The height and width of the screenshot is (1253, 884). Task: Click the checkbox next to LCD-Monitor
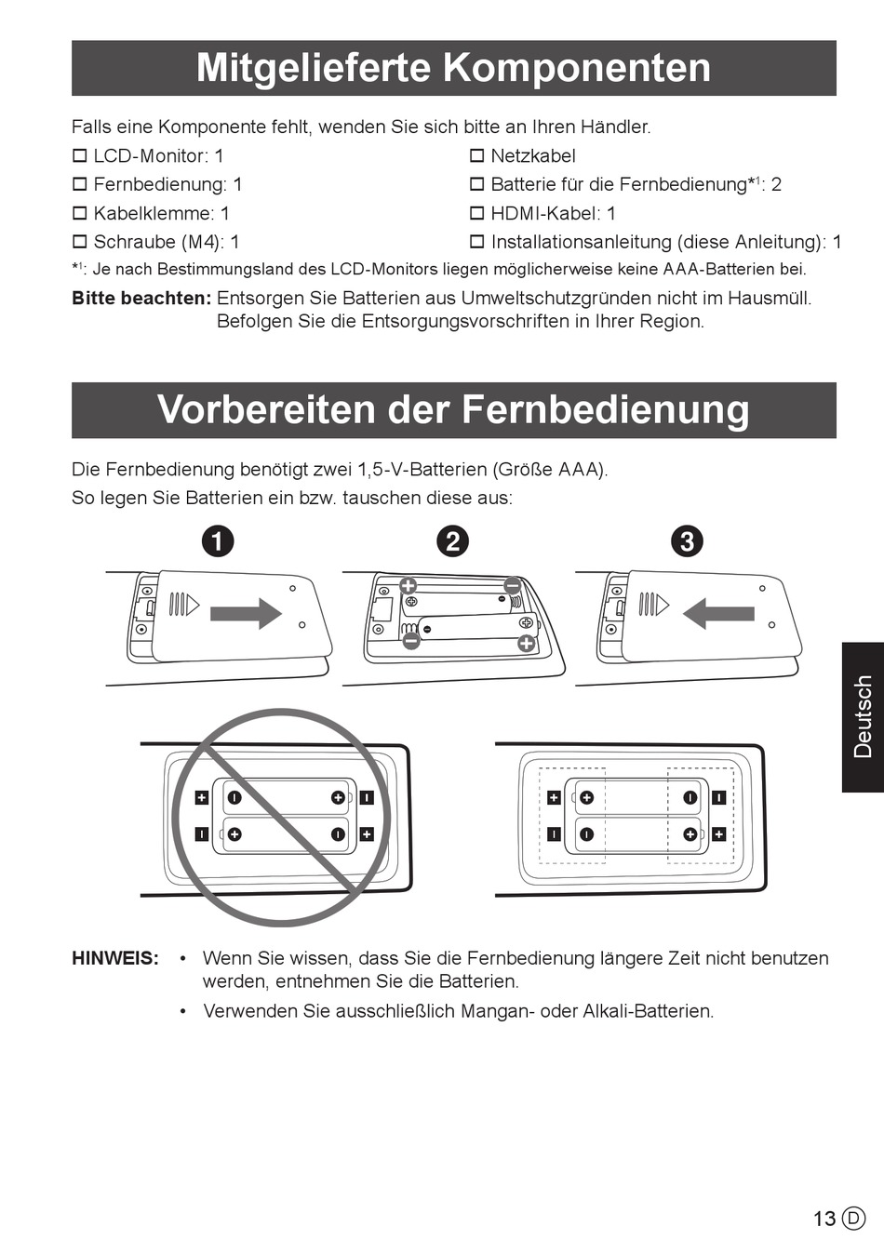click(80, 156)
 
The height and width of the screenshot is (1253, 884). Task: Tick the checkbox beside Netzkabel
click(476, 156)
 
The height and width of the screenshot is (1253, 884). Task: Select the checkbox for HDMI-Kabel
click(476, 213)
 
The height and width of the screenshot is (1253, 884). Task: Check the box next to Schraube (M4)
click(80, 242)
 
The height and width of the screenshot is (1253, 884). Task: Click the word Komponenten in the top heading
click(577, 68)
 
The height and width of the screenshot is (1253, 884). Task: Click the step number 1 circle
click(218, 541)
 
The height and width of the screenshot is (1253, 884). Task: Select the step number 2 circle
click(452, 541)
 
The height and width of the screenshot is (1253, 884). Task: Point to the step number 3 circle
click(687, 541)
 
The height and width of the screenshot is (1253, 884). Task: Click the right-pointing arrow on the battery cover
click(246, 614)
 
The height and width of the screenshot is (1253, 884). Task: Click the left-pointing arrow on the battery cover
click(718, 614)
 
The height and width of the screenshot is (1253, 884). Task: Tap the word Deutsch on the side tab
click(863, 717)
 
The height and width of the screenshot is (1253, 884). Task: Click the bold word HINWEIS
click(115, 959)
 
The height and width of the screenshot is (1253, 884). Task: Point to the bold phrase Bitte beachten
click(141, 299)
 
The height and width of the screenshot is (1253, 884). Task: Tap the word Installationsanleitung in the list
click(582, 242)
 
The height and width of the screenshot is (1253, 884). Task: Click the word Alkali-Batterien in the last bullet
click(649, 1011)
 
